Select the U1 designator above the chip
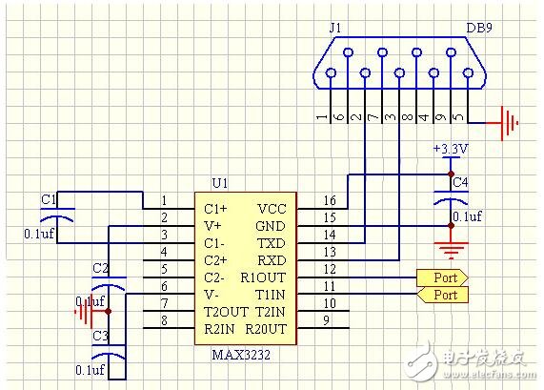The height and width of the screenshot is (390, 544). pos(220,181)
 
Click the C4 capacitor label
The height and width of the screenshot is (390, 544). pos(459,181)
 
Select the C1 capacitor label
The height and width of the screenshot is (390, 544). pos(49,198)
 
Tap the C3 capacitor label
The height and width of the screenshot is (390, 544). pos(100,336)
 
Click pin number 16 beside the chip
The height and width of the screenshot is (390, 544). pos(329,201)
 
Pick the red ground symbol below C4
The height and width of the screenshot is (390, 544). pos(449,248)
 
